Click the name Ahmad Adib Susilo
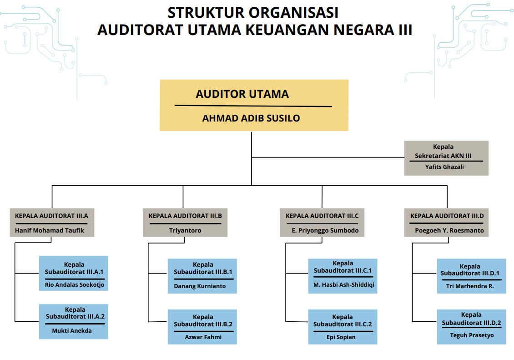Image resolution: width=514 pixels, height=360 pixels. [x=251, y=118]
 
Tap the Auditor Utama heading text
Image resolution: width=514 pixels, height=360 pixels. [x=242, y=94]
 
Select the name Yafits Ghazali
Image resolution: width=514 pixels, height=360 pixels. [x=444, y=167]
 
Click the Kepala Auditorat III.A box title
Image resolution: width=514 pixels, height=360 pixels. [x=51, y=216]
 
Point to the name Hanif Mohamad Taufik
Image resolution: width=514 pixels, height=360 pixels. [x=50, y=230]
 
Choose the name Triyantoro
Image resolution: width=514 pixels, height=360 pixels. [x=185, y=230]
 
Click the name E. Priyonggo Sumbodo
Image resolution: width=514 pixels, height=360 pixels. [x=325, y=230]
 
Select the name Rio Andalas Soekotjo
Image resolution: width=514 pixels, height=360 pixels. [x=75, y=285]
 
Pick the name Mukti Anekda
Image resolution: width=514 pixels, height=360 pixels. [x=72, y=330]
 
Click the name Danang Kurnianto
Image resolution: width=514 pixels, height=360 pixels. [x=200, y=286]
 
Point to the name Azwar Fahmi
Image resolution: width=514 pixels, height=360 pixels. [x=202, y=337]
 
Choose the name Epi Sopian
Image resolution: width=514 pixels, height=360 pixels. [x=341, y=337]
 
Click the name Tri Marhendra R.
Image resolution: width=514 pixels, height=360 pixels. [x=470, y=286]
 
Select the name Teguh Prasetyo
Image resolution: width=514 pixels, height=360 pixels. [x=472, y=335]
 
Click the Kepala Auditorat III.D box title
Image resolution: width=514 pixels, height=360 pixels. [x=447, y=216]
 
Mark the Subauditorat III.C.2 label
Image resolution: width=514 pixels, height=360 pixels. [x=343, y=324]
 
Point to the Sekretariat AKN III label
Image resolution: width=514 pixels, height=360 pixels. [x=443, y=156]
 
